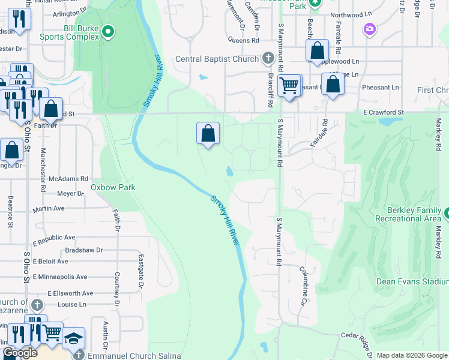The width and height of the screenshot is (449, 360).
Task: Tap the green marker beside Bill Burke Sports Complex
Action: (x=108, y=31)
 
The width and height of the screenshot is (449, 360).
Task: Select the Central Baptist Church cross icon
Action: (x=268, y=59)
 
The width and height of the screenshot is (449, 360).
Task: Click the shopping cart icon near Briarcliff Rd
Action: (x=289, y=86)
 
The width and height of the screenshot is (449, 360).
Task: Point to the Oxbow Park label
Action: (x=113, y=187)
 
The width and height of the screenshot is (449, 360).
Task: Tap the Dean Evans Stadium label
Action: (x=412, y=281)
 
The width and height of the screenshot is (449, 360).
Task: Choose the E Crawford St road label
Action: (x=383, y=112)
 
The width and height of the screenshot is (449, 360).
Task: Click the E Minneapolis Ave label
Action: (x=60, y=277)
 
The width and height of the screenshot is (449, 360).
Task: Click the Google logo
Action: (x=20, y=353)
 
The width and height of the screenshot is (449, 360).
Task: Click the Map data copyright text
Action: (x=412, y=355)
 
